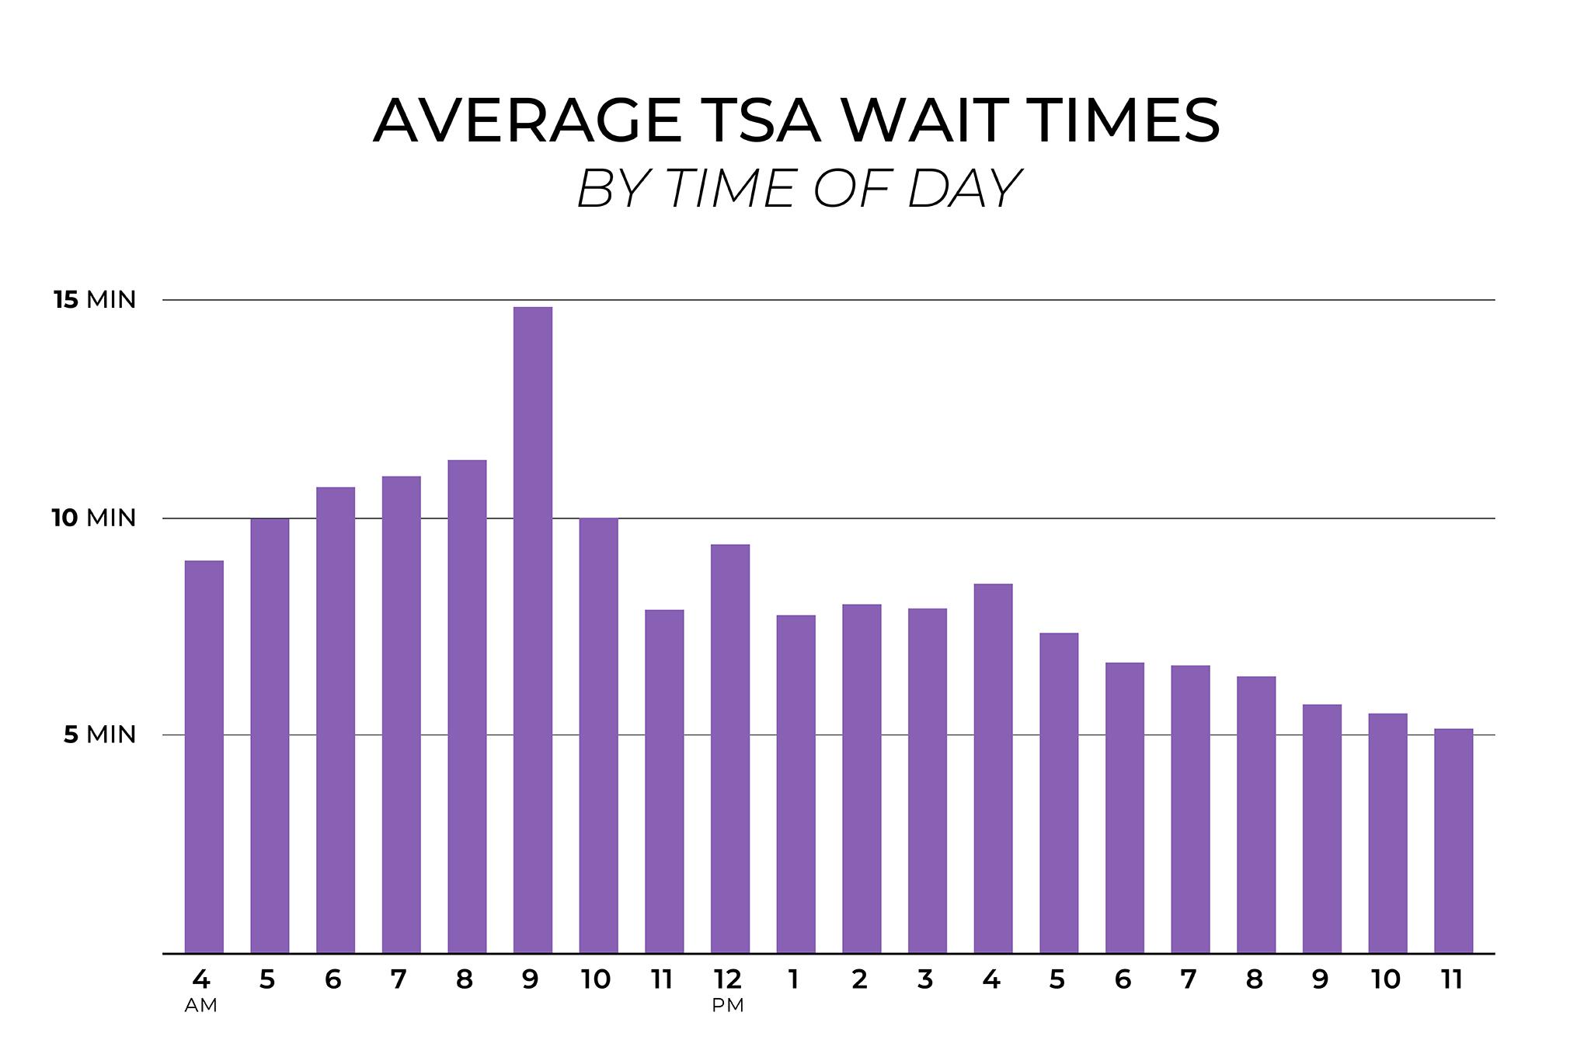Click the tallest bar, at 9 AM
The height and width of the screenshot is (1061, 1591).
tap(533, 630)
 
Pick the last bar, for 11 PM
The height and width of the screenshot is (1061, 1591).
tap(1453, 840)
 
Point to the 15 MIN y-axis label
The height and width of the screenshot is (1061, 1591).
tap(95, 300)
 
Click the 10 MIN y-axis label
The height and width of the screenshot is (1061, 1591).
tap(95, 518)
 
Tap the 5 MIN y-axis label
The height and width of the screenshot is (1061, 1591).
tap(99, 735)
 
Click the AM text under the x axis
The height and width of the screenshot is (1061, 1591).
tap(200, 1006)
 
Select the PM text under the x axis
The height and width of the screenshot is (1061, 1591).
tap(728, 1006)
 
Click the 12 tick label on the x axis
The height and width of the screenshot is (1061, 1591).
tap(728, 979)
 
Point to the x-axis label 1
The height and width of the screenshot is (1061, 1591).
tap(793, 979)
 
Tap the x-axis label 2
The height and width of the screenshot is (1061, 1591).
tap(859, 979)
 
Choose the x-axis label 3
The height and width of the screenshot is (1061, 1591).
tap(925, 979)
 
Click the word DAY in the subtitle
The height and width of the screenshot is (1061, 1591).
tap(963, 189)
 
